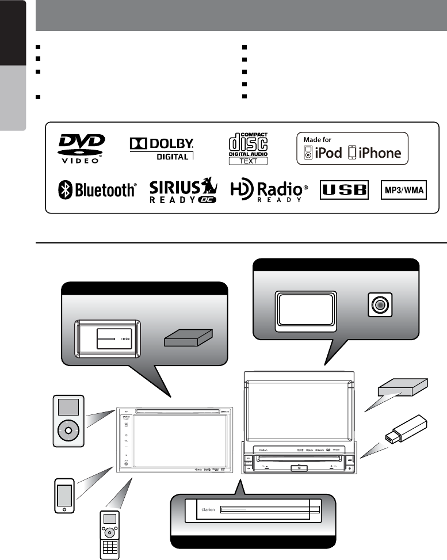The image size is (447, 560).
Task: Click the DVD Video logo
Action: pos(81,148)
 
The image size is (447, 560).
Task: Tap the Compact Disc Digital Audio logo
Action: pos(248,147)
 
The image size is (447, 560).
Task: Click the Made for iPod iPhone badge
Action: pos(352,148)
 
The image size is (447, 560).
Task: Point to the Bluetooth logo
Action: pos(97,190)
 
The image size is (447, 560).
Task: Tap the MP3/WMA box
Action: pos(404,190)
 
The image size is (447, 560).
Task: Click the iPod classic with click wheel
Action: pos(68,421)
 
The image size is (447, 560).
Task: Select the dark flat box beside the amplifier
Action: pos(188,338)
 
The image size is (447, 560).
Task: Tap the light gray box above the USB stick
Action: pos(403,391)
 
